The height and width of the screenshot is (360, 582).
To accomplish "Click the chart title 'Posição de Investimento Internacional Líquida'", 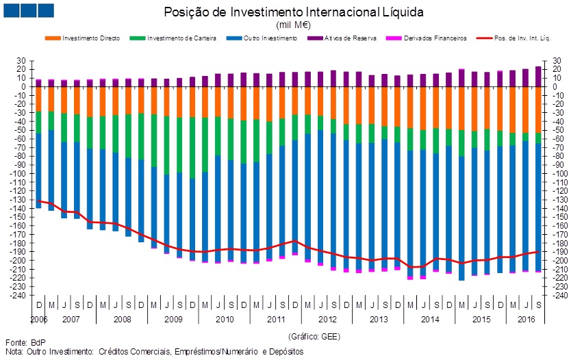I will click(294, 12).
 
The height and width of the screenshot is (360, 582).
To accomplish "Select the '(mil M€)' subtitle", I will click(294, 24).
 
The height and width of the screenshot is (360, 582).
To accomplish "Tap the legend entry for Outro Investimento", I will click(270, 38).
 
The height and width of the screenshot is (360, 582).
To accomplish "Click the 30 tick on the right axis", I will click(557, 61).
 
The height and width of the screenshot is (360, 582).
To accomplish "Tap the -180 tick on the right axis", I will click(559, 244).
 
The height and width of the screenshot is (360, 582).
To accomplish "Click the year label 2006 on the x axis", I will click(38, 320).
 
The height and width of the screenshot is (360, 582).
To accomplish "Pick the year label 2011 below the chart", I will click(275, 320).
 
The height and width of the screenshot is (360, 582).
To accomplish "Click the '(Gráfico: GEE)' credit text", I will click(314, 337).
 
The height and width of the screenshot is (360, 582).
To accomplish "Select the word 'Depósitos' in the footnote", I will click(287, 351).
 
